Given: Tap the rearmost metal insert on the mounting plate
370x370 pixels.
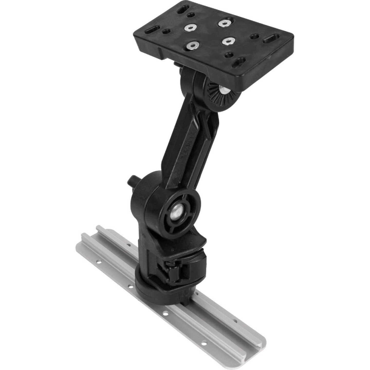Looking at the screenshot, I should [x=224, y=23].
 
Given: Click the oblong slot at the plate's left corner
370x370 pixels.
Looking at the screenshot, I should [x=152, y=30].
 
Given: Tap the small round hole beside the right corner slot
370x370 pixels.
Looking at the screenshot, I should [x=255, y=36].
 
